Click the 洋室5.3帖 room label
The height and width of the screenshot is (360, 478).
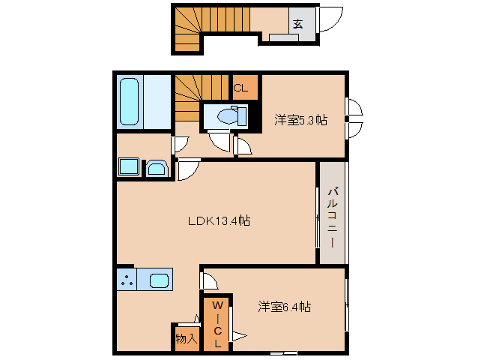pos(300,119)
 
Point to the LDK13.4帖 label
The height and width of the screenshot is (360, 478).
pos(219,220)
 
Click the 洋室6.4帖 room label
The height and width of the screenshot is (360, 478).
pos(285,306)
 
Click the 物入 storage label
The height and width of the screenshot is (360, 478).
pos(186,338)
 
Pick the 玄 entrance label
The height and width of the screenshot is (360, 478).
pos(297,23)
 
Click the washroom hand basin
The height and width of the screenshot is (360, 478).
pos(157,168)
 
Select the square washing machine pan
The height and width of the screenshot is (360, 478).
pos(127,167)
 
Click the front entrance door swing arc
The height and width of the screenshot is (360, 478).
pos(330,20)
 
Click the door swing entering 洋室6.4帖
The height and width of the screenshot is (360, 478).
pos(210,281)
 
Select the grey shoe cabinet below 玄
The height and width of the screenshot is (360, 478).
pos(284,36)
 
